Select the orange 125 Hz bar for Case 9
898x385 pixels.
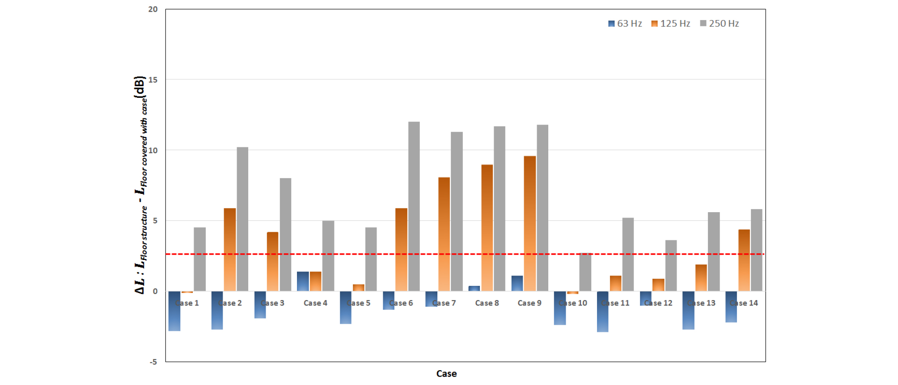[529, 223]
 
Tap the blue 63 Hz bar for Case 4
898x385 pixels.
[303, 281]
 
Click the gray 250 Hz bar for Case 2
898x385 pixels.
[242, 219]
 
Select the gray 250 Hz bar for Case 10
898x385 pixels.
[585, 272]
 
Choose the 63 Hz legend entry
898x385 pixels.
[625, 24]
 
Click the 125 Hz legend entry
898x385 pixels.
[671, 24]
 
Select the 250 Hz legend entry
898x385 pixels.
[719, 24]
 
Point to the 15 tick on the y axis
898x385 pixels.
[153, 80]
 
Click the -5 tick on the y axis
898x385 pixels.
[153, 362]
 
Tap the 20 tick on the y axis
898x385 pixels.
[153, 9]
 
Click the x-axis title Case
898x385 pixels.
[446, 374]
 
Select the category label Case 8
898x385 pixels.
[487, 303]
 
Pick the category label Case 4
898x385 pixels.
[315, 303]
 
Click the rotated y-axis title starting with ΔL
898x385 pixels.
[140, 185]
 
